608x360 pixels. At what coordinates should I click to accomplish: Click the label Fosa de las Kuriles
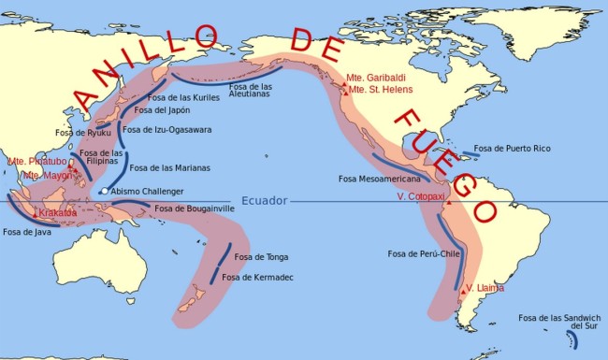point(187,96)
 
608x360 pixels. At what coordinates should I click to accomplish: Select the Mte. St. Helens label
point(377,90)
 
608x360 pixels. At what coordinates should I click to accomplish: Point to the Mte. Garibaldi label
point(375,78)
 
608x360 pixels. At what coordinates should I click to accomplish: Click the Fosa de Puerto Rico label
point(512,148)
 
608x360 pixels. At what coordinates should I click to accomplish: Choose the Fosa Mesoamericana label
point(380,178)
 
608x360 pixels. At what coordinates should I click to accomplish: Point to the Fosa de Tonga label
point(261,256)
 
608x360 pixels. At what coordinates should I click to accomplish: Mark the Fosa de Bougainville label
point(194,208)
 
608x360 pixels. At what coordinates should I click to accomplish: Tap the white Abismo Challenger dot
point(104,192)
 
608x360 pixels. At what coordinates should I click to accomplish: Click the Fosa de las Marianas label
point(169,168)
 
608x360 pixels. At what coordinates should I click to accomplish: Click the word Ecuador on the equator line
point(264,200)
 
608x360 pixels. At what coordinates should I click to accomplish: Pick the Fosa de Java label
point(28,232)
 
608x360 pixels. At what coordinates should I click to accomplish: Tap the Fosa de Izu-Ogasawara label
point(181,129)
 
